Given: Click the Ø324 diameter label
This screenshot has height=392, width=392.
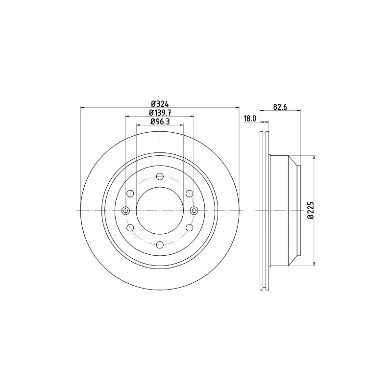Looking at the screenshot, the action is coord(160,104).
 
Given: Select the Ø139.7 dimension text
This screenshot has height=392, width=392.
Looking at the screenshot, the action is coord(160,113).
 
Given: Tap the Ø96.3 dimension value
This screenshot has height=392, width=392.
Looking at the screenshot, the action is coord(160,122).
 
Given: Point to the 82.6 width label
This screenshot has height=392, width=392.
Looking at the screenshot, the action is coord(280,107).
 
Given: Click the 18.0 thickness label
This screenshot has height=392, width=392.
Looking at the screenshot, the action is coord(250,119).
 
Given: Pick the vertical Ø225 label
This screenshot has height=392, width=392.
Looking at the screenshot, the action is coord(311,211).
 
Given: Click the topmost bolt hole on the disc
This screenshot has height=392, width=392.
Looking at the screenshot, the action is coord(160,176).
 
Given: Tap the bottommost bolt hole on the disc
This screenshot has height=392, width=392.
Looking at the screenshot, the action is coord(160,245).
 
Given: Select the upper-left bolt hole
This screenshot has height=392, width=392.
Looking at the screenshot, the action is coord(130,193).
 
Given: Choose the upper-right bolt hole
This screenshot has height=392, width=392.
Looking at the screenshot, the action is coord(190,193).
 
